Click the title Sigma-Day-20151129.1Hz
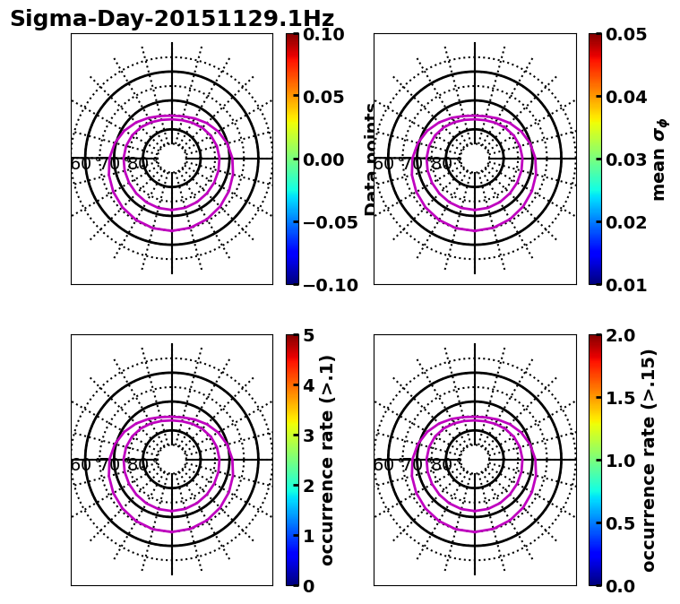(172, 19)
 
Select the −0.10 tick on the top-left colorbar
(326, 285)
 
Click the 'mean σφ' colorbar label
(659, 160)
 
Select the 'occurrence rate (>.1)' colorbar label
(328, 460)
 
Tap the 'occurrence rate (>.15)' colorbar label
(650, 460)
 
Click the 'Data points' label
(370, 160)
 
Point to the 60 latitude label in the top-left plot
(81, 164)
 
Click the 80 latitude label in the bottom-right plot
(442, 465)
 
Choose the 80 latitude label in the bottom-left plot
(138, 465)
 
